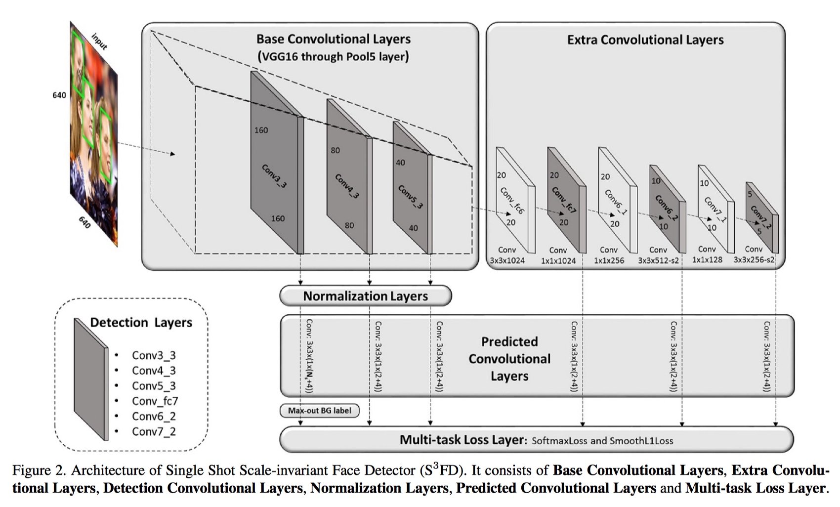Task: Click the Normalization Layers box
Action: [366, 296]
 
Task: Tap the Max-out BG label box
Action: [320, 411]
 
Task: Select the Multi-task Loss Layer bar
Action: [537, 440]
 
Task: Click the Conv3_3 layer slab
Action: [277, 163]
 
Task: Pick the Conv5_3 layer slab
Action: [413, 188]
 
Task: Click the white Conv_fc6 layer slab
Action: [515, 200]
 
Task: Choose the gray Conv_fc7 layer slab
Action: [566, 200]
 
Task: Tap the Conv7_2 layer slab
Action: [762, 217]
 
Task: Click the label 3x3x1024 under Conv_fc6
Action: [507, 260]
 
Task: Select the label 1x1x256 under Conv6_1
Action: [609, 260]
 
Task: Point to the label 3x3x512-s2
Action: [658, 260]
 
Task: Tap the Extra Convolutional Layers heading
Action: [645, 40]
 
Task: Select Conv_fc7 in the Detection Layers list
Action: [155, 401]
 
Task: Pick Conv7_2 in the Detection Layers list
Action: [154, 431]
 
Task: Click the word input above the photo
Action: [99, 42]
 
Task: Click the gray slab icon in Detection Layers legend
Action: [91, 379]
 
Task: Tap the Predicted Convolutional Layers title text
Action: [509, 359]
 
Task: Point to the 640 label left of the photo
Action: [59, 95]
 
